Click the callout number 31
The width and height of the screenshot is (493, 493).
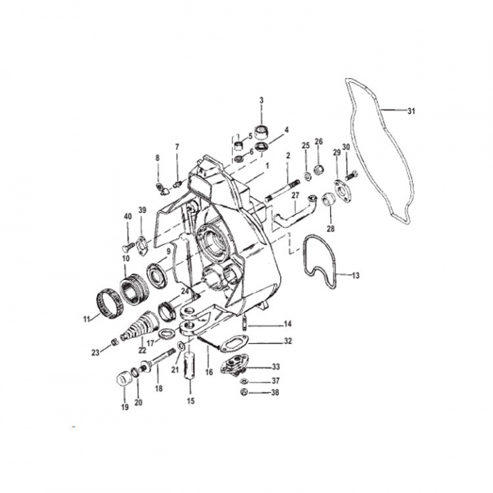411,112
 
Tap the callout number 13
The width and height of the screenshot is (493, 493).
355,275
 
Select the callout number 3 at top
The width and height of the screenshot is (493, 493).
261,101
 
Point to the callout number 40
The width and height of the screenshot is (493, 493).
127,217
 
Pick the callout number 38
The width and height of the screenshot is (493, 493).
276,393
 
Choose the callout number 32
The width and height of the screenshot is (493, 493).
288,340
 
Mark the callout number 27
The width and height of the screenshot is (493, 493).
295,195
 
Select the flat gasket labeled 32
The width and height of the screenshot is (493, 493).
235,340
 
